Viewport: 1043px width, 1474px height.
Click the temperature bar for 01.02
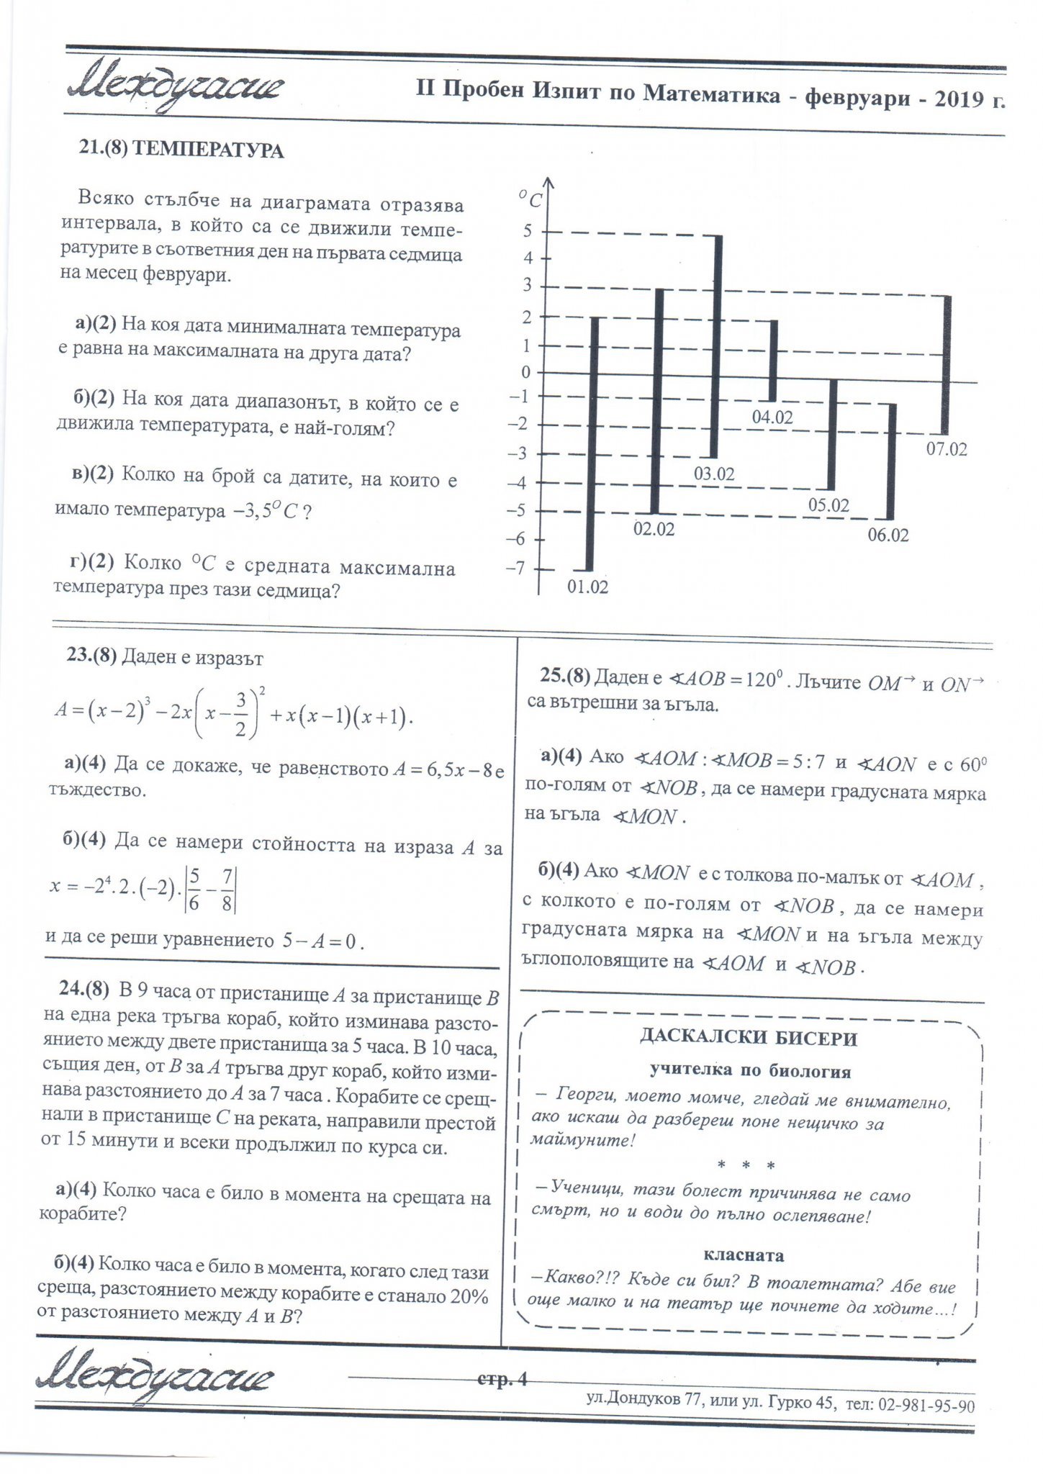[592, 443]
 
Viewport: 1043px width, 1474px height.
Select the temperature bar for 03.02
[717, 345]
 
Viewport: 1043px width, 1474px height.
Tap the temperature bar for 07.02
[946, 364]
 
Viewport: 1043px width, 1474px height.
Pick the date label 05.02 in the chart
[828, 505]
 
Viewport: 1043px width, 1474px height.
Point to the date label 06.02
[888, 535]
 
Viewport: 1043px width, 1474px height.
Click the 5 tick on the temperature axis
[528, 231]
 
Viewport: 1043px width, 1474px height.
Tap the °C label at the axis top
[530, 198]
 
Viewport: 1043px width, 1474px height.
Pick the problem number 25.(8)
[564, 676]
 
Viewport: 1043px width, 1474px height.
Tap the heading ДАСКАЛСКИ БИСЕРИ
[749, 1038]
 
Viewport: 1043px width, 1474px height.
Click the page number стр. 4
[502, 1379]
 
